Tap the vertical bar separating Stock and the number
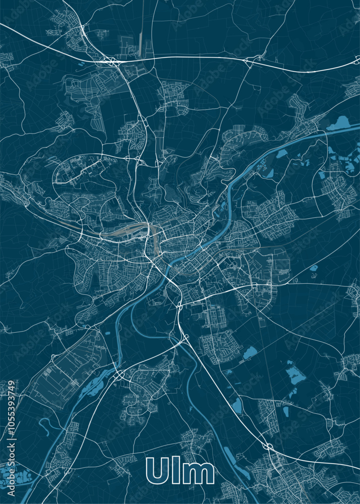pyautogui.click(x=12, y=435)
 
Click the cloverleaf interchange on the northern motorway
pyautogui.click(x=110, y=61)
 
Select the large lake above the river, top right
pyautogui.click(x=339, y=123)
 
